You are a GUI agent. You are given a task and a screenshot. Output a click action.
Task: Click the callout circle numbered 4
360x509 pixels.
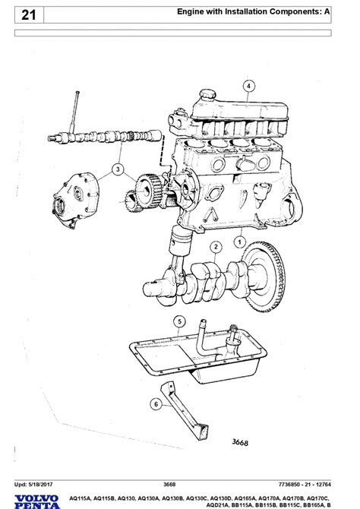pyautogui.click(x=248, y=86)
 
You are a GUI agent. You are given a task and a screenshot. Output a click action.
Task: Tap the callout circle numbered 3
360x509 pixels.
pyautogui.click(x=118, y=169)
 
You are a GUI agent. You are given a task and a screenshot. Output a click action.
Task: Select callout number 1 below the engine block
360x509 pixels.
pyautogui.click(x=239, y=242)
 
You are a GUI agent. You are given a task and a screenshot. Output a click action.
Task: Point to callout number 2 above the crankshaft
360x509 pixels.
pyautogui.click(x=216, y=247)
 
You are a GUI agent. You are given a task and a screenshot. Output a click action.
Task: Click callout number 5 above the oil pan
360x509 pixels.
pyautogui.click(x=179, y=321)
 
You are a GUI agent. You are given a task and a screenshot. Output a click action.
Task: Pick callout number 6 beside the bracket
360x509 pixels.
pyautogui.click(x=156, y=404)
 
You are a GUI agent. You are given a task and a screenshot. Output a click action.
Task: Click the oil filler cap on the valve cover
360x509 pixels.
pyautogui.click(x=207, y=94)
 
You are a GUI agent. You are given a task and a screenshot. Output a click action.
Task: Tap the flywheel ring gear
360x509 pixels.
pyautogui.click(x=265, y=277)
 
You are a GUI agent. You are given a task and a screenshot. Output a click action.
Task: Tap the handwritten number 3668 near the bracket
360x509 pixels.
pyautogui.click(x=240, y=442)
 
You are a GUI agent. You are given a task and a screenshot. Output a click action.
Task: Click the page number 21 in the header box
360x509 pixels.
pyautogui.click(x=29, y=15)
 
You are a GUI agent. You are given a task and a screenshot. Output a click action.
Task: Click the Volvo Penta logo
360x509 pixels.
pyautogui.click(x=37, y=501)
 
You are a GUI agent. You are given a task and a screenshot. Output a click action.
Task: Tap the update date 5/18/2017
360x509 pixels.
pyautogui.click(x=40, y=485)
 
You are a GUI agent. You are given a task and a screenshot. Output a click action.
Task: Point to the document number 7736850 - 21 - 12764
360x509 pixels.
pyautogui.click(x=305, y=485)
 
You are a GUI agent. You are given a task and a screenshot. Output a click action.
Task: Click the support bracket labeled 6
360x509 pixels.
pyautogui.click(x=184, y=411)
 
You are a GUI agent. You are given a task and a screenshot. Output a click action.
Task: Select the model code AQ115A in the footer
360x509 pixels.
pyautogui.click(x=80, y=498)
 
